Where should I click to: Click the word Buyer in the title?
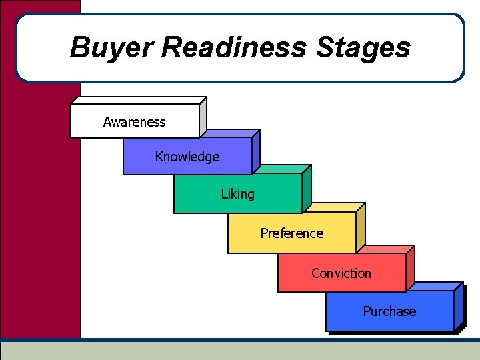click(x=111, y=48)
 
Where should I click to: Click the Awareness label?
click(x=134, y=122)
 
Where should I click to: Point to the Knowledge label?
click(x=187, y=157)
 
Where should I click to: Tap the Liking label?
click(x=237, y=194)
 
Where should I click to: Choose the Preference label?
click(x=291, y=233)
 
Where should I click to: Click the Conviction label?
click(x=341, y=273)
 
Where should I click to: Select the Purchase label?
click(x=389, y=311)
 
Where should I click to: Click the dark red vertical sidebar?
click(x=40, y=200)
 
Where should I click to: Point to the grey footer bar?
click(x=240, y=351)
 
